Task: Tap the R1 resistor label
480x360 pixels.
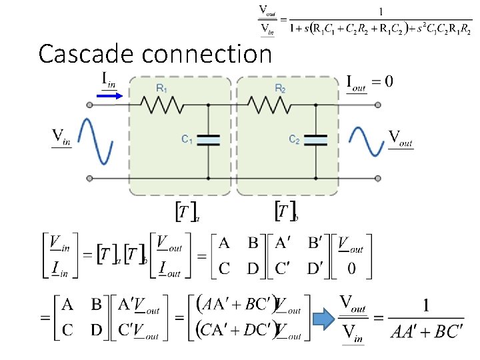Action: (x=162, y=88)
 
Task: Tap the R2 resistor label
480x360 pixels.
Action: (x=281, y=88)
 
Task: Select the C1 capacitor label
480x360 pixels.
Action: (x=187, y=139)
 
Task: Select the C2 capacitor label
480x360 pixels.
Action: (x=294, y=139)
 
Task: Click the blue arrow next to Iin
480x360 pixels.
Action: (x=109, y=96)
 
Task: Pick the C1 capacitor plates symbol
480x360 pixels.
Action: (x=208, y=139)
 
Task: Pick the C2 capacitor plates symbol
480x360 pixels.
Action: (x=315, y=139)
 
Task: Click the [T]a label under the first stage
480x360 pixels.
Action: (x=187, y=212)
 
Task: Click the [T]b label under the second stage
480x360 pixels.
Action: (x=286, y=212)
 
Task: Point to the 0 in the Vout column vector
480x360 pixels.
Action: (x=351, y=268)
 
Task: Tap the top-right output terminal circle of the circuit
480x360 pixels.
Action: (x=378, y=105)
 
